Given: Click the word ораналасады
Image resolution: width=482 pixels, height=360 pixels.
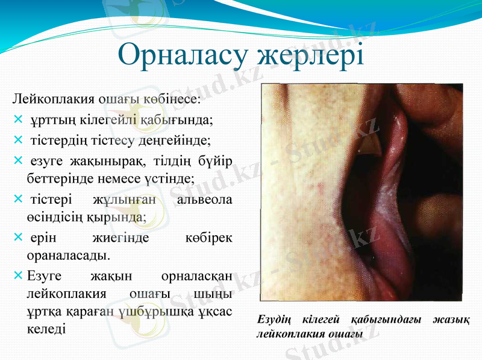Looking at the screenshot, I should click(68, 254).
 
